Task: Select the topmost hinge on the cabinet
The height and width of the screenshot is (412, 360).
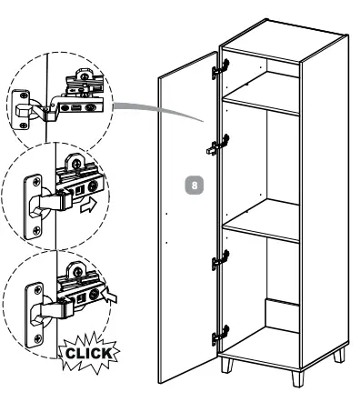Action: click(219, 67)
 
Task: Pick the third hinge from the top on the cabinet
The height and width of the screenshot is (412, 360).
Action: click(219, 262)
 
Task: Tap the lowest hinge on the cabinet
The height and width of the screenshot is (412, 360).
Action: click(219, 336)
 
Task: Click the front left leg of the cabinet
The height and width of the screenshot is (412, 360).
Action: click(225, 366)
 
